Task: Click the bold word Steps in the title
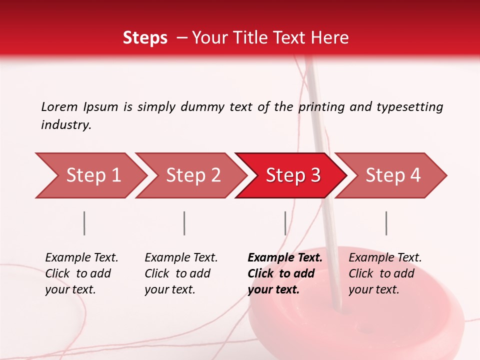pos(145,38)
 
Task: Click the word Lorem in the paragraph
pos(59,106)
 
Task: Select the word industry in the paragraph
pos(65,125)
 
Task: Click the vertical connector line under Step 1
pos(84,223)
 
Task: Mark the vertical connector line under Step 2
pos(184,223)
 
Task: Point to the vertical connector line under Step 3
pos(285,223)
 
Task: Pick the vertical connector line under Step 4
pos(386,223)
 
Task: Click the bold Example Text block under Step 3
pos(284,273)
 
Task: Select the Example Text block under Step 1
pos(81,273)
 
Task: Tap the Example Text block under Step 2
pos(181,273)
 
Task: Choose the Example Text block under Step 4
pos(385,273)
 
